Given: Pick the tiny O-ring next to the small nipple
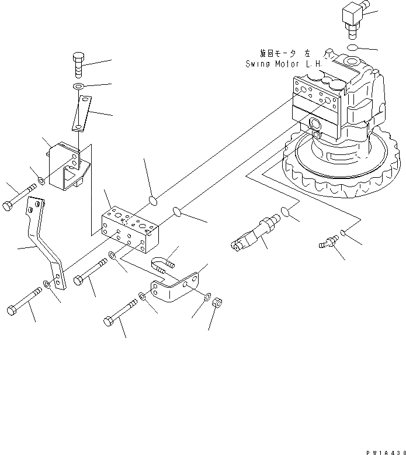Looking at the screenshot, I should pos(343,234).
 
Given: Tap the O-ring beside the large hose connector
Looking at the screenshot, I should pos(286,211).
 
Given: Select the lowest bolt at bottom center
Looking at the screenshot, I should pos(119,313).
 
